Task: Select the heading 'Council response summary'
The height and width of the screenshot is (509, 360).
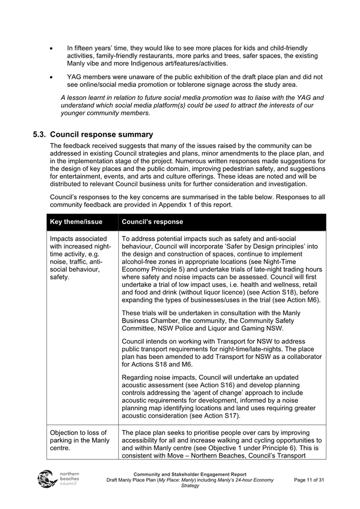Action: [101, 134]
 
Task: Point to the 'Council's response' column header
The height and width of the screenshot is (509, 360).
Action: [152, 221]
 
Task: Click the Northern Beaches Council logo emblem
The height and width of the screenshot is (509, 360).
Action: [47, 479]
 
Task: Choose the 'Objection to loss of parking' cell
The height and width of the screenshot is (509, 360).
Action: [78, 440]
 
